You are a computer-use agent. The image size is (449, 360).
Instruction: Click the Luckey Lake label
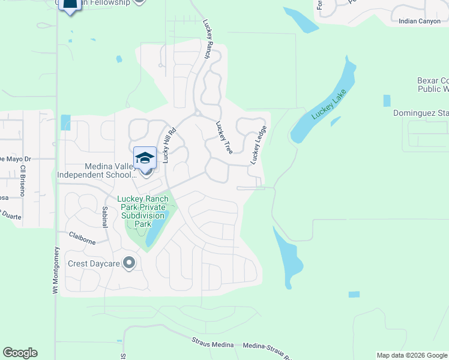pyautogui.click(x=325, y=106)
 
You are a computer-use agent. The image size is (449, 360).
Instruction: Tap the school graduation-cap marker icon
pyautogui.click(x=145, y=158)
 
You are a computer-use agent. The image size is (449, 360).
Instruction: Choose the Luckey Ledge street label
pyautogui.click(x=258, y=145)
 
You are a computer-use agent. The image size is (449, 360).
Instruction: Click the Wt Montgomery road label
pyautogui.click(x=55, y=271)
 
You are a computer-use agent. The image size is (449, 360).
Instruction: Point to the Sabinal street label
pyautogui.click(x=104, y=217)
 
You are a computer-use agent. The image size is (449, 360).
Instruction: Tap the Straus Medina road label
pyautogui.click(x=214, y=343)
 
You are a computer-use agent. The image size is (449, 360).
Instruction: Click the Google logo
pyautogui.click(x=20, y=353)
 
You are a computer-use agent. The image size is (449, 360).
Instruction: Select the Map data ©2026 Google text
pyautogui.click(x=411, y=355)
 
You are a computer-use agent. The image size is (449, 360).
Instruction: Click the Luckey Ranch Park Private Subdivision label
pyautogui.click(x=143, y=211)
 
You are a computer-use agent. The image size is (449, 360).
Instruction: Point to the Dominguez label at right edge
pyautogui.click(x=420, y=113)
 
